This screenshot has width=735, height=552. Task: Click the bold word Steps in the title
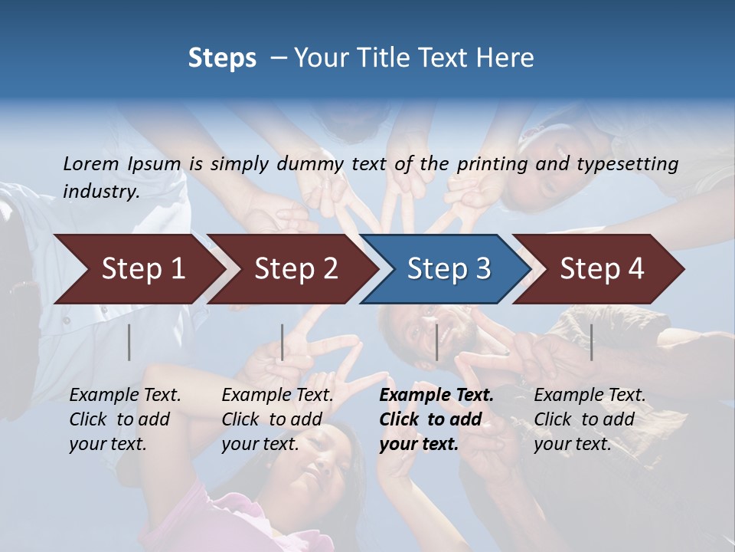(222, 58)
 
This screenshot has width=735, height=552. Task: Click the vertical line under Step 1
(129, 343)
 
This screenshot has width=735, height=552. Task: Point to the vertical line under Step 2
(282, 343)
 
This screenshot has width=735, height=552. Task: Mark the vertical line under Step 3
(436, 343)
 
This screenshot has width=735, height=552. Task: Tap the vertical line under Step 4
(591, 343)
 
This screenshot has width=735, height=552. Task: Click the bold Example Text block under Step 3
(436, 419)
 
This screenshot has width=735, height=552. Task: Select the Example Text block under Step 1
(125, 419)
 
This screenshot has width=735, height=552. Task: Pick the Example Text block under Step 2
(277, 419)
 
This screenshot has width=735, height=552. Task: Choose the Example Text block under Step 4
(590, 419)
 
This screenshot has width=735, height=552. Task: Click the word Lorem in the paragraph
(91, 163)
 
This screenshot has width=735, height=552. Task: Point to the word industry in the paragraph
(101, 191)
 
